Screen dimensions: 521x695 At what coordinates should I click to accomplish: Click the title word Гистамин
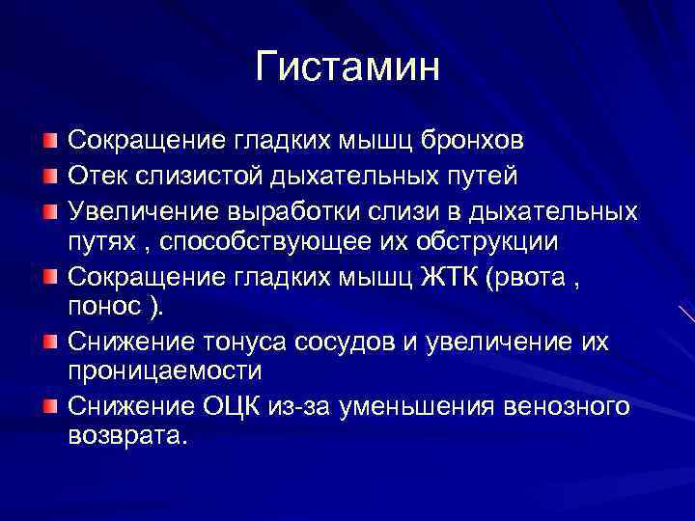tap(347, 67)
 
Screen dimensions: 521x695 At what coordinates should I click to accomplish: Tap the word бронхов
tap(474, 141)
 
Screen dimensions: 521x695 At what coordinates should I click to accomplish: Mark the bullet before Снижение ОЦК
tap(49, 405)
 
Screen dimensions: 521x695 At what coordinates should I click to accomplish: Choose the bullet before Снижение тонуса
tap(49, 341)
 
